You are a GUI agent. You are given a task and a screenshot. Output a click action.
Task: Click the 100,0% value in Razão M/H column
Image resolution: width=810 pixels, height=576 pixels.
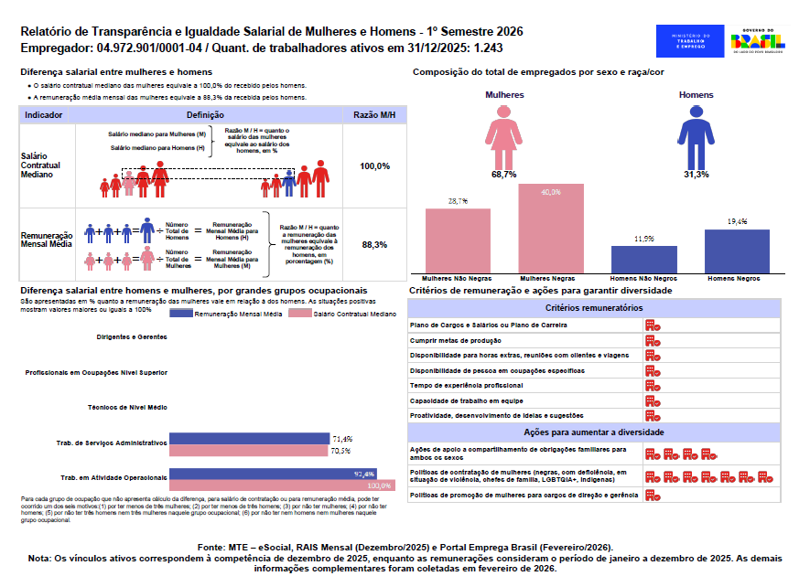tap(375, 166)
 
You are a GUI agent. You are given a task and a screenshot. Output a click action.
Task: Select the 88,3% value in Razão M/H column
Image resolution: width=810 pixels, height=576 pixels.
tap(375, 245)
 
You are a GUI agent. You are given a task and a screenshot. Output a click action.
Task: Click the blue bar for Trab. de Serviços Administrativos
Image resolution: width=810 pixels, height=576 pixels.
tap(249, 438)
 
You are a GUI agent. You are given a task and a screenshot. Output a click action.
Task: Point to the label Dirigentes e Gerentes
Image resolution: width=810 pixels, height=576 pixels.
tap(134, 336)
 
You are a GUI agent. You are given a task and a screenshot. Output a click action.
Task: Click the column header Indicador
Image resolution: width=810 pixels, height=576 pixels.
tap(44, 115)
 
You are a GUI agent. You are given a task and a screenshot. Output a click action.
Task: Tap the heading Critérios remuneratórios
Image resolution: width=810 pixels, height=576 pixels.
tap(594, 309)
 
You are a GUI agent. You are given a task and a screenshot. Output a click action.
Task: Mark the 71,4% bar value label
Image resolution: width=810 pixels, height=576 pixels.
tap(341, 439)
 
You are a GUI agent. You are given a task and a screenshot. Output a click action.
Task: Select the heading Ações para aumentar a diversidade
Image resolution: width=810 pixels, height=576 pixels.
tap(594, 432)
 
